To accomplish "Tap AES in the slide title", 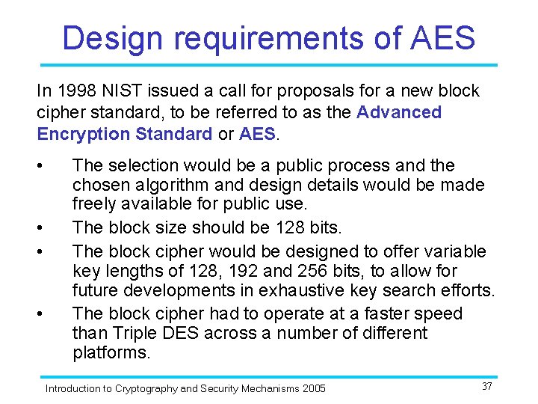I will (442, 38).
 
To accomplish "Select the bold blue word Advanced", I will (399, 113).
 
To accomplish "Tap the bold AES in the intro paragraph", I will (258, 135).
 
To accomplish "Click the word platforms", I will (111, 353).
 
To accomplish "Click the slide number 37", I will (486, 386).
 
